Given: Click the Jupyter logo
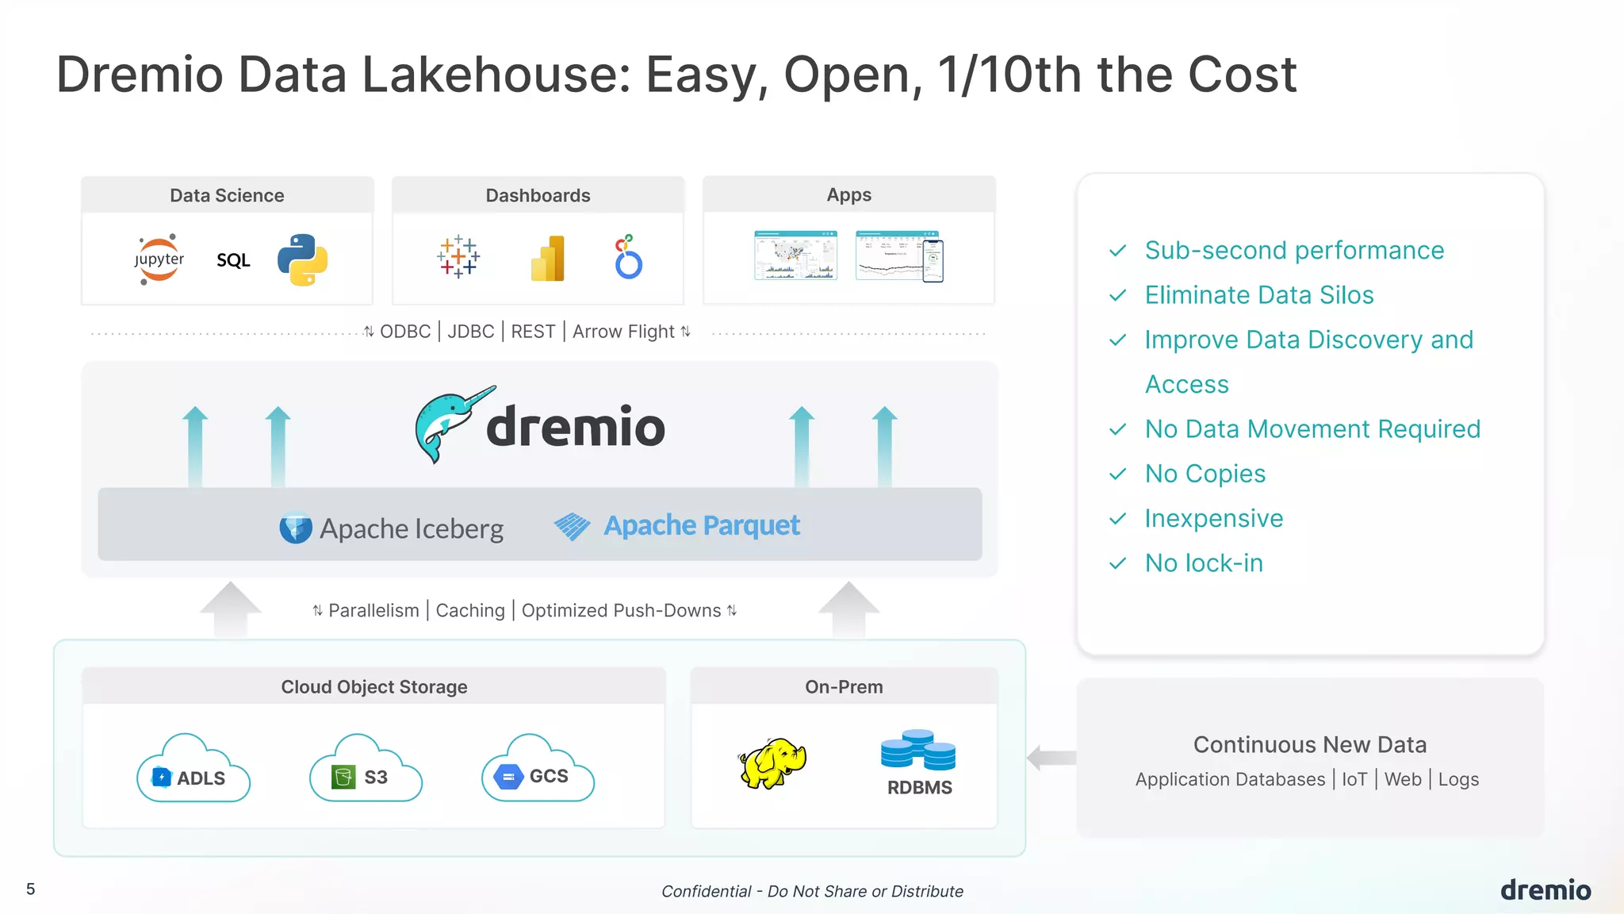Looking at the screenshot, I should pos(159,259).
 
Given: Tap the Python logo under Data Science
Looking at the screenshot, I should pos(302,259).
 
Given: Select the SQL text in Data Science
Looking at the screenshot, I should pos(233,260).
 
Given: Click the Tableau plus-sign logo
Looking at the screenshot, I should pos(458,257).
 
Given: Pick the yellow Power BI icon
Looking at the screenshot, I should pos(548,259).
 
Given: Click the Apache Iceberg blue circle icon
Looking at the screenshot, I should pos(296,528).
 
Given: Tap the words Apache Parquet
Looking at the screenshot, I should pos(702,525).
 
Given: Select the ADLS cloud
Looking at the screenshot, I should pos(193,770).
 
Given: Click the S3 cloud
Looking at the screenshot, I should pos(366,770).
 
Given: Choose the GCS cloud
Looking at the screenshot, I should pos(538,770).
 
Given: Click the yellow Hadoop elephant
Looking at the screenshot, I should pos(772,763).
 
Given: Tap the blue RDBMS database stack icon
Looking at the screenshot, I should pos(918,750).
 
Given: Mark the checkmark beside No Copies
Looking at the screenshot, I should pos(1118,474).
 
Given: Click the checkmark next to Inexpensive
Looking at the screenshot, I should pos(1118,519).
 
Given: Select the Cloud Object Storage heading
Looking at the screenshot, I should pos(374,687).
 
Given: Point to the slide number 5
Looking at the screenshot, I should pos(31,889).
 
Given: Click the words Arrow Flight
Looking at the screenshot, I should pos(623,332).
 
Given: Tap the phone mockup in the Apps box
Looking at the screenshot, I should pos(933,260).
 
